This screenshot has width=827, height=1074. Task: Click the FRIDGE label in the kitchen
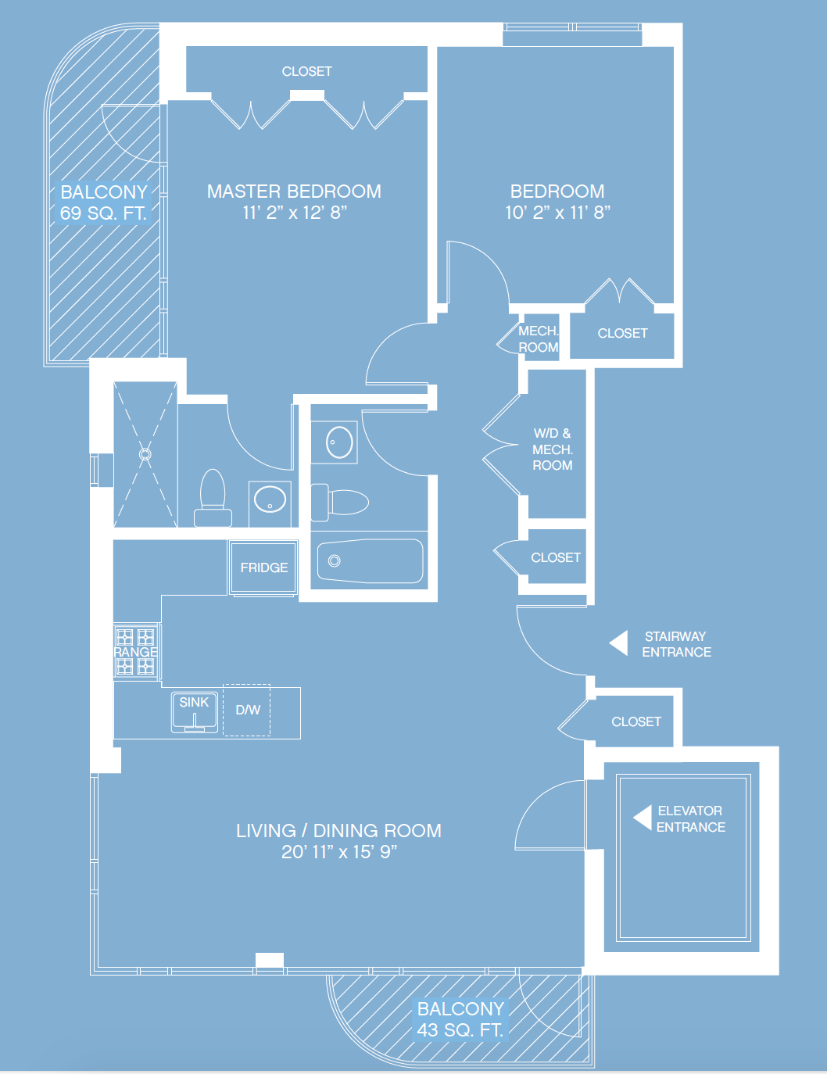click(x=264, y=567)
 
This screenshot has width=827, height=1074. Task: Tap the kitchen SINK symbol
click(x=195, y=712)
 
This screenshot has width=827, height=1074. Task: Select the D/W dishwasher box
click(x=247, y=710)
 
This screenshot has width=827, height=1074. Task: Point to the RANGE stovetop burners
click(x=136, y=651)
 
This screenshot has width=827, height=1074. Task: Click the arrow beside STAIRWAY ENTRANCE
click(x=619, y=643)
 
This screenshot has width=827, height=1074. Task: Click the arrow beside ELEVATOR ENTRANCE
click(x=643, y=818)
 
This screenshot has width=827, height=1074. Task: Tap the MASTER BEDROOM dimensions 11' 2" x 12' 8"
click(x=295, y=213)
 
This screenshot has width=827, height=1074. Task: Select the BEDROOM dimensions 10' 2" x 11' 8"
click(x=557, y=213)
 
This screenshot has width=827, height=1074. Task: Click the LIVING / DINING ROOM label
click(x=338, y=830)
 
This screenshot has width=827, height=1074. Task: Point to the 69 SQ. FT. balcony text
click(x=103, y=213)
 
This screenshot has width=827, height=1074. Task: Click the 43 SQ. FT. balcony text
click(x=460, y=1030)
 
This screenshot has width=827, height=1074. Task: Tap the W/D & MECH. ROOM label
click(x=553, y=449)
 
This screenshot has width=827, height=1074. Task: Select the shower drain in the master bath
click(x=145, y=453)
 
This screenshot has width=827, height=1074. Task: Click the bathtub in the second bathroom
click(x=371, y=560)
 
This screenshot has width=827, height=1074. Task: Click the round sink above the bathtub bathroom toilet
click(x=339, y=442)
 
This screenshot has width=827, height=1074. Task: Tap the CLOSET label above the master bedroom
click(x=306, y=71)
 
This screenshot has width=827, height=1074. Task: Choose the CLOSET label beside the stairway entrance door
click(x=636, y=721)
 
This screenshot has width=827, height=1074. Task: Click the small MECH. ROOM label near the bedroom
click(x=539, y=339)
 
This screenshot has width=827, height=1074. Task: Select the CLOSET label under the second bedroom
click(x=622, y=333)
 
